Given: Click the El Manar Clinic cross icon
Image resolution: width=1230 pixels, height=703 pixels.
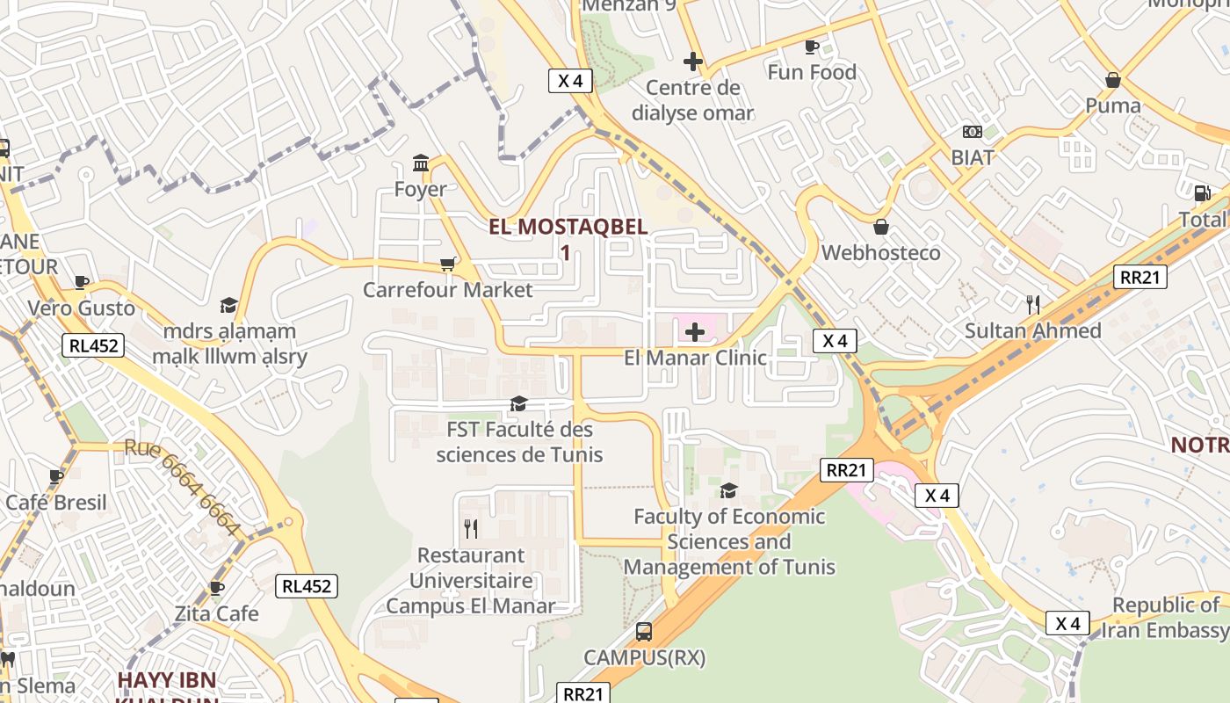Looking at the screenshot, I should (x=694, y=332).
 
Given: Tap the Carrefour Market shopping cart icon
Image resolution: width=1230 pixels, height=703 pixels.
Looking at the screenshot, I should (x=448, y=264).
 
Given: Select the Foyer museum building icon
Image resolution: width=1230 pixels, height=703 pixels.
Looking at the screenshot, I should (x=421, y=163).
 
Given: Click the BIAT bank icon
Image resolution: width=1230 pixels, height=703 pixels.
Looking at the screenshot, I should (x=972, y=132).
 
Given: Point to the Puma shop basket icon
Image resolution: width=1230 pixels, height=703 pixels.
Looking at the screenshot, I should (x=1113, y=80).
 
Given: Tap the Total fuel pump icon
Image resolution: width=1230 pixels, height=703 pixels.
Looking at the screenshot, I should (x=1201, y=193).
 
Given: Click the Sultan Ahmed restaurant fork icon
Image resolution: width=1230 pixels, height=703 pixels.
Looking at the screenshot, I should (x=1033, y=305).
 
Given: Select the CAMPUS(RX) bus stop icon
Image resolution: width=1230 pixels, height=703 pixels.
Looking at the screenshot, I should (x=644, y=632).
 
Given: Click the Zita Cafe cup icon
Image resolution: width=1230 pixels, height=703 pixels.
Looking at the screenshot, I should (x=216, y=587).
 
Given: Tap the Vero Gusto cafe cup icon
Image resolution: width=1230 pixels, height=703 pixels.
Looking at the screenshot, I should (x=81, y=282).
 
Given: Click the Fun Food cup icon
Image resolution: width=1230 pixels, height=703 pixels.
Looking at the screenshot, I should (x=811, y=47).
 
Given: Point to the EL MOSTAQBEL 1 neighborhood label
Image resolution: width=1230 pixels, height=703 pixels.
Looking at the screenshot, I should (x=568, y=238).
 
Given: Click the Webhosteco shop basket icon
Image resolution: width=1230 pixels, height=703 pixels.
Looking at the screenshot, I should (x=881, y=227).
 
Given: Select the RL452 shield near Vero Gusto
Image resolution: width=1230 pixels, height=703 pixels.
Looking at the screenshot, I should (x=93, y=345).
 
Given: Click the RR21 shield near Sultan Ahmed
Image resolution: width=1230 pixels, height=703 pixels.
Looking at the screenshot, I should (x=1141, y=277).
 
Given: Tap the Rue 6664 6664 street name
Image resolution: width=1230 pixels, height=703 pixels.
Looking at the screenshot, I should (x=183, y=486).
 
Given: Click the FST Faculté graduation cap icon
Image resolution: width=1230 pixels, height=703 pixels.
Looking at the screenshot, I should (x=518, y=403).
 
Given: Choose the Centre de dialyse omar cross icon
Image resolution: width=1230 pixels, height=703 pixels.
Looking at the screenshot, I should (x=693, y=62).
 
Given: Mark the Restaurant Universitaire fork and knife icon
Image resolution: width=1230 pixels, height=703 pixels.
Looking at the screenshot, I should (x=471, y=528).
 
